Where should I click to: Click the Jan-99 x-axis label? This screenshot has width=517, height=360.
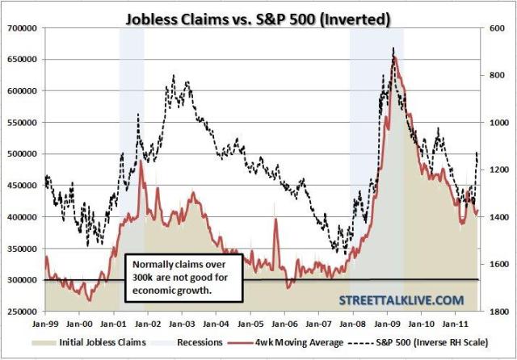coord(46,324)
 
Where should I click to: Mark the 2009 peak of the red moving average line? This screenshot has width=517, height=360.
coord(393,59)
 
